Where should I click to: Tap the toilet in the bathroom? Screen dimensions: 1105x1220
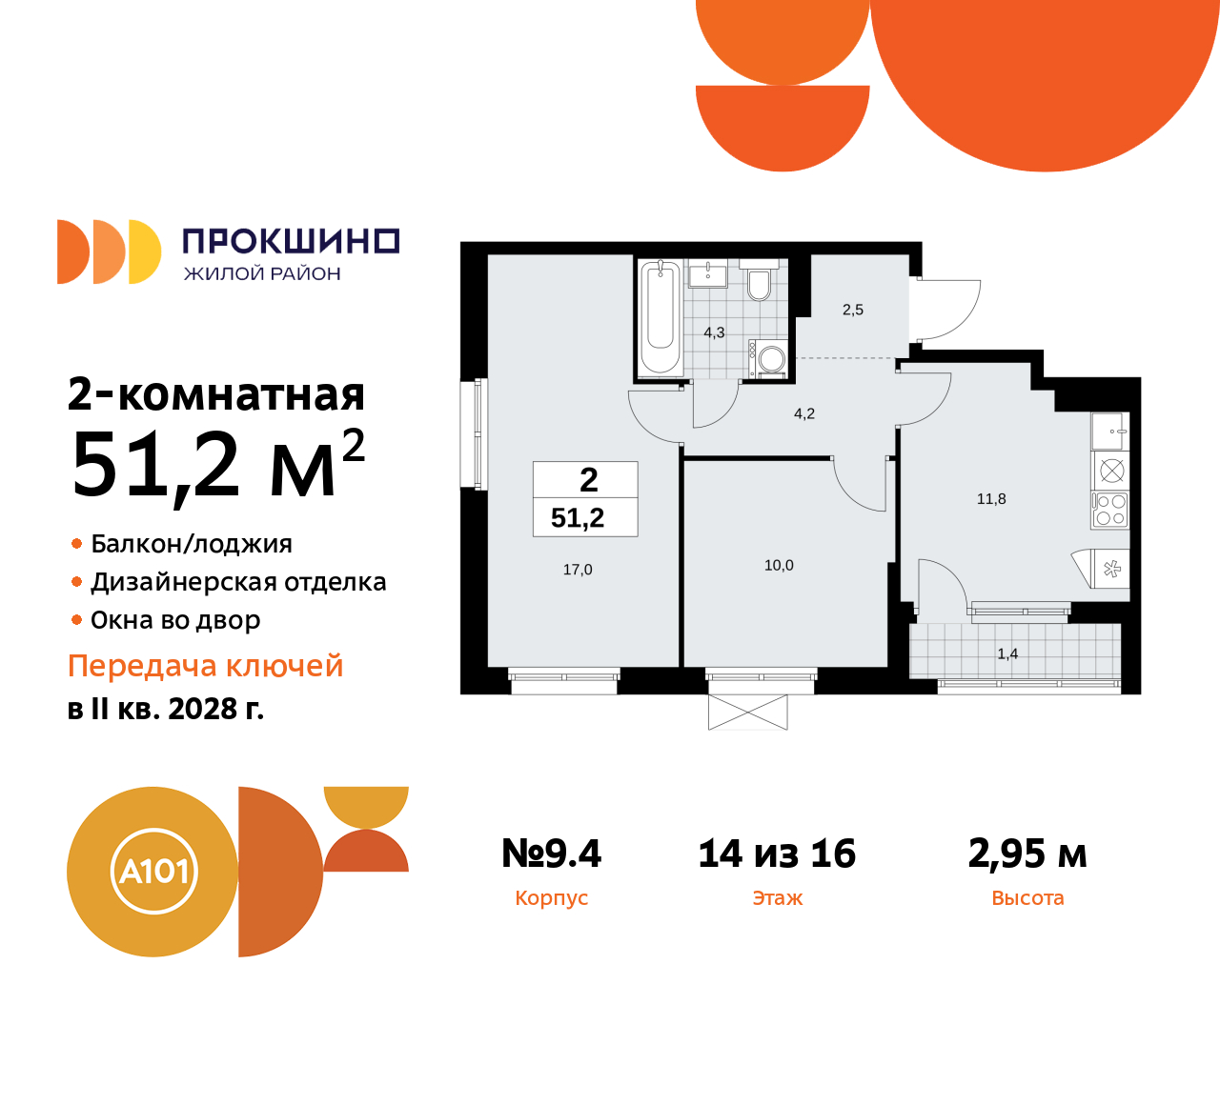point(759,283)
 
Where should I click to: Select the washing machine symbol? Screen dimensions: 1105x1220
point(770,359)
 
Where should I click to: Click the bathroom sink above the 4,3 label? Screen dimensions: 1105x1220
point(707,274)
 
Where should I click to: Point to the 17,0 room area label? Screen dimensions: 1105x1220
point(578,570)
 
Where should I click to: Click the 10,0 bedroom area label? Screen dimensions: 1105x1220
point(779,566)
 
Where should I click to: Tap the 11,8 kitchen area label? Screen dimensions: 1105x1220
point(991,499)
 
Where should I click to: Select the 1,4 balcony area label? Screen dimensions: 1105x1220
point(1007,653)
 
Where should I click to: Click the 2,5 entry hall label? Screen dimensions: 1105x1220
point(853,310)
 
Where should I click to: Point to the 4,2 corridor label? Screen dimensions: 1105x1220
point(804,413)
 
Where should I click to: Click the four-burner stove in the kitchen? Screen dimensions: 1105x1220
point(1110,510)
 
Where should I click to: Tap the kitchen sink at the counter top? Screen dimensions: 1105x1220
point(1110,432)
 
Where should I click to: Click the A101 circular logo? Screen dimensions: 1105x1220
point(153,872)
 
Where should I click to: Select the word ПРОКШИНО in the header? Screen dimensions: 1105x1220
point(291,242)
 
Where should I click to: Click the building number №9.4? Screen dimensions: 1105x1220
point(552,854)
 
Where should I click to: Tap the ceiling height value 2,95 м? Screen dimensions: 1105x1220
point(1027,854)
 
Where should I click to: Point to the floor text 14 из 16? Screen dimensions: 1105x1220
point(777,854)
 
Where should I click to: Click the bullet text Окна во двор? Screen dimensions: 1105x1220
point(175,620)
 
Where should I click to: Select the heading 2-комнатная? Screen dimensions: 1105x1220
point(216,394)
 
